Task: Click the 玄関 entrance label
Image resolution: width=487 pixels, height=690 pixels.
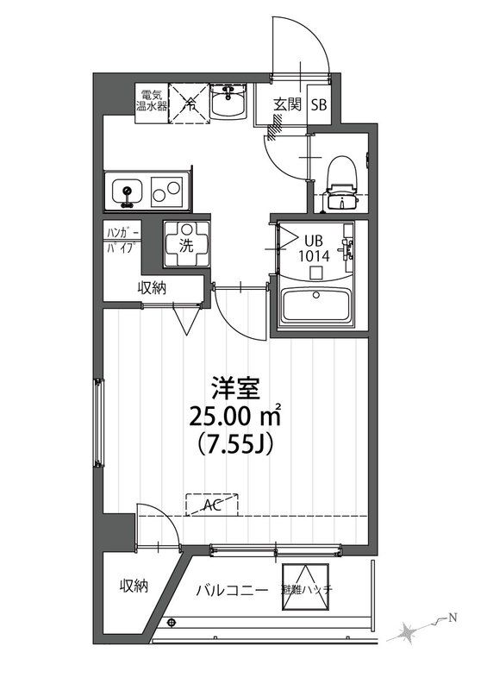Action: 287,105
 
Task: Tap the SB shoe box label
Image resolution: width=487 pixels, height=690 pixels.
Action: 319,105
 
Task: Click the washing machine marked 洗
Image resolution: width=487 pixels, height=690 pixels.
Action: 185,241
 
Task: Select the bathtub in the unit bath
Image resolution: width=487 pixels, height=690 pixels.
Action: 319,307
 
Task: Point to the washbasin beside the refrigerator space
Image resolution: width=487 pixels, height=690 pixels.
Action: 228,105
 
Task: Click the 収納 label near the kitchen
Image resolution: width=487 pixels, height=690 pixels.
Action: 152,288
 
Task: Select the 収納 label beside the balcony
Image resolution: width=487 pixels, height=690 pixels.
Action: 134,586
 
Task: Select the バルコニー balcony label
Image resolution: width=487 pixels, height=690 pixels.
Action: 226,590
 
